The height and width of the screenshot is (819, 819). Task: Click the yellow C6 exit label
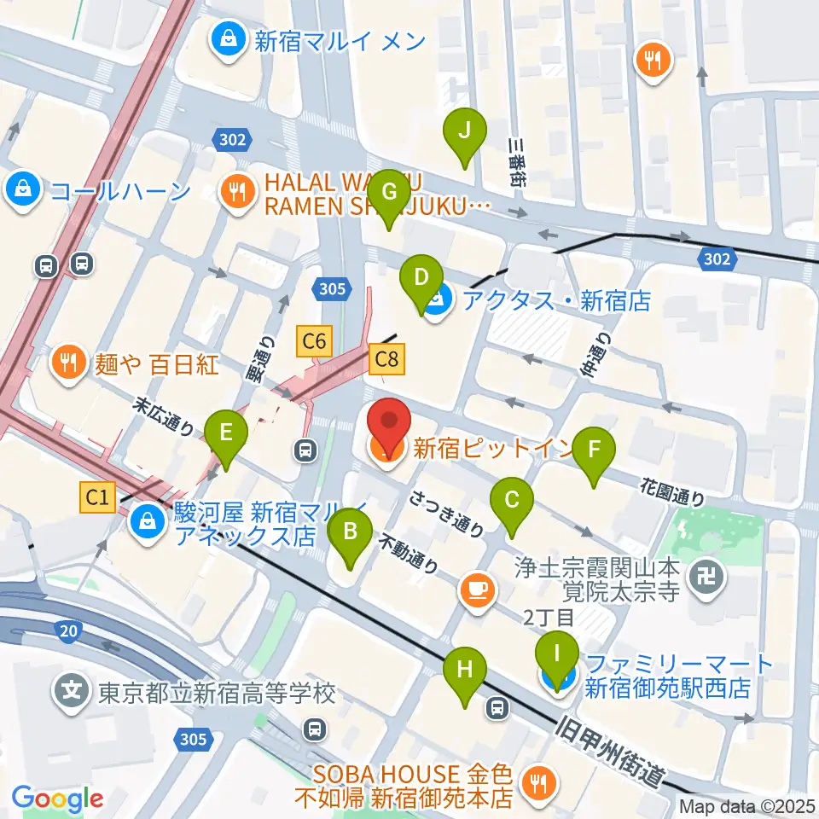(x=314, y=342)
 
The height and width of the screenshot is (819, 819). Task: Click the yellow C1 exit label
(x=98, y=497)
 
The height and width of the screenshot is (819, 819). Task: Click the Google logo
(x=57, y=799)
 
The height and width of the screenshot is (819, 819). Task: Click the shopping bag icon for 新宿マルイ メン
(x=229, y=38)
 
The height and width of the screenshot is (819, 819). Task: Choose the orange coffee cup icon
(x=476, y=589)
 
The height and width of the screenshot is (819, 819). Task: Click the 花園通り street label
(x=673, y=491)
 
